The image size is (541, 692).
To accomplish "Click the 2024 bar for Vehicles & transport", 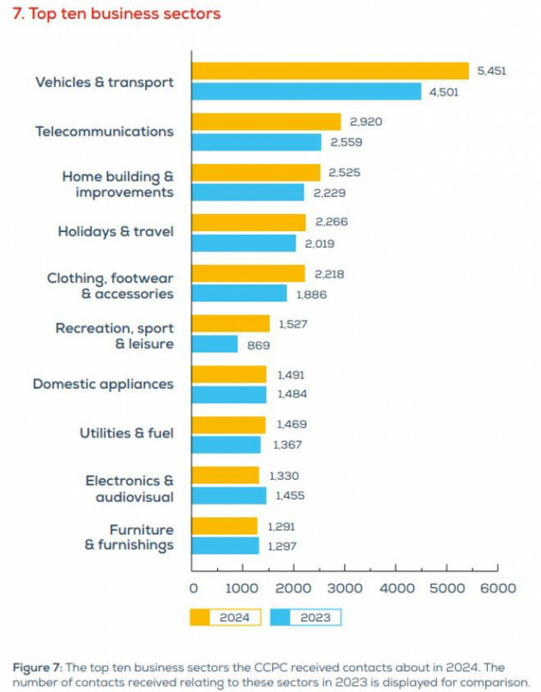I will point(330,72).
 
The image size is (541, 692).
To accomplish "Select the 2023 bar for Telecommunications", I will point(256,142).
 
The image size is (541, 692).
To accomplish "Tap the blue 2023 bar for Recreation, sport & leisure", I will point(215,344).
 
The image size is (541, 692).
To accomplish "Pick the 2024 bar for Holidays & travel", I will point(249,222).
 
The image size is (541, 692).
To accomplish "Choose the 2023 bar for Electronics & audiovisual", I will point(229,495).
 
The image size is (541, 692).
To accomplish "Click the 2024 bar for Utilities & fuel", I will point(229,425).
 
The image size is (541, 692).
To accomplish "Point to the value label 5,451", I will point(491,72).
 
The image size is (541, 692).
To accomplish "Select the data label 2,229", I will point(328,193).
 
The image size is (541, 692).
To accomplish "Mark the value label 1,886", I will point(310,294).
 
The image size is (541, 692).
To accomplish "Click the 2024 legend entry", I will point(225,617).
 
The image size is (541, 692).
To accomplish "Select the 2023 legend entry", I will point(305,617).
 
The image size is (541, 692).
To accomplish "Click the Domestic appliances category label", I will point(103,385).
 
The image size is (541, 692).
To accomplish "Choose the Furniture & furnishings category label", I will point(130,537).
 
